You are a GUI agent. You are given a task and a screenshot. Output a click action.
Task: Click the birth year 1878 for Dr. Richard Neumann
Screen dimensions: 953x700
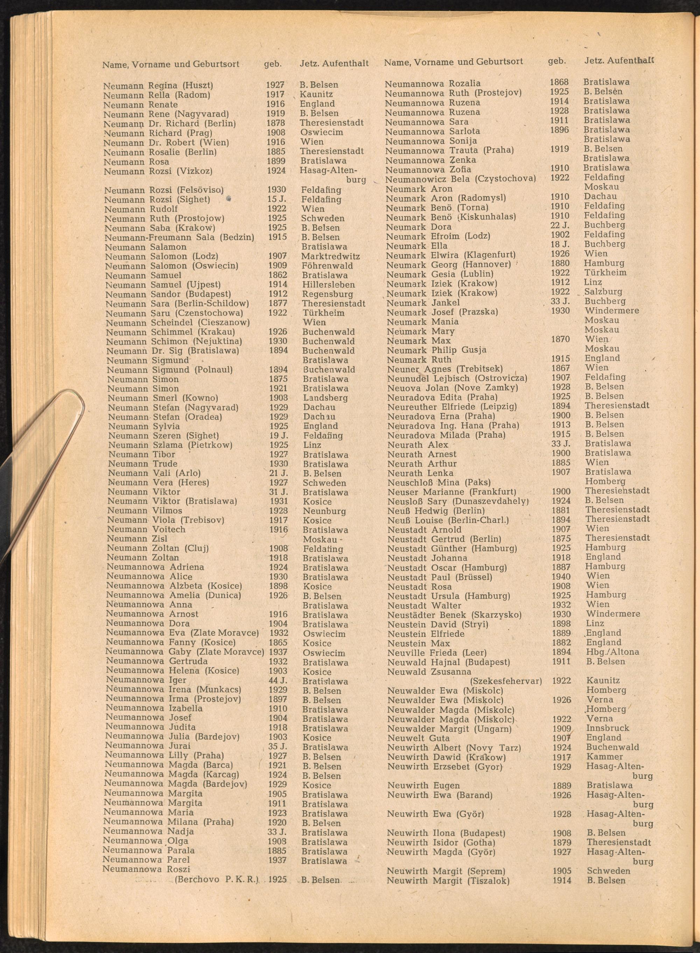(x=276, y=123)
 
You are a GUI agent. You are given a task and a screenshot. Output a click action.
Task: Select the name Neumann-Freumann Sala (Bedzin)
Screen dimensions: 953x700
(x=179, y=237)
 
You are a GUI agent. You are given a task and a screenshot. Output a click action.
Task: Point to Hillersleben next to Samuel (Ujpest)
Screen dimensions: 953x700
(x=328, y=285)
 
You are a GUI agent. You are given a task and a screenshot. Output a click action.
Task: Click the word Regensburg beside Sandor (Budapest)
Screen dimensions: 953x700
(x=327, y=294)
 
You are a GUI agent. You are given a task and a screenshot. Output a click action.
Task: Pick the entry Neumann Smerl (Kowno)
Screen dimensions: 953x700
(x=163, y=398)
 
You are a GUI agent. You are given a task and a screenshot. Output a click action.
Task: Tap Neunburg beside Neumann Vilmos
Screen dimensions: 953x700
(x=324, y=511)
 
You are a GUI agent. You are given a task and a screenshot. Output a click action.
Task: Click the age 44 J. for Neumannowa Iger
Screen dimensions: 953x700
(x=278, y=681)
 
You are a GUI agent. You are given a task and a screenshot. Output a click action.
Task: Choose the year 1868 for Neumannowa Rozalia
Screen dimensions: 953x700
(x=559, y=82)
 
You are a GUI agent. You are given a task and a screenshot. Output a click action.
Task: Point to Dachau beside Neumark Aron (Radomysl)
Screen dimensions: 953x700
(x=600, y=197)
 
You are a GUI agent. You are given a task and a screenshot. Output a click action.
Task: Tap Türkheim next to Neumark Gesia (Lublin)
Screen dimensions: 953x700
(x=605, y=273)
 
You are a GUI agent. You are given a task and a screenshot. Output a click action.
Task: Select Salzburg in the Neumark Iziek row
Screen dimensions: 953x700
(x=603, y=292)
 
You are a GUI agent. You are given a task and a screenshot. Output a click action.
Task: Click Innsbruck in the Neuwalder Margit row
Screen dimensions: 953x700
(x=608, y=728)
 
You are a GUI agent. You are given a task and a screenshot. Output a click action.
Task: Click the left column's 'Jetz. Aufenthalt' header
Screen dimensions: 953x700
(x=334, y=64)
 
